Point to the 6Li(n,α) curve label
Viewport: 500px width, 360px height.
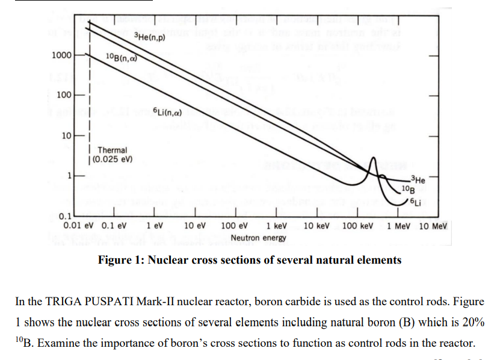pyautogui.click(x=168, y=111)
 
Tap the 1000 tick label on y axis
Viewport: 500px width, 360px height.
pyautogui.click(x=61, y=55)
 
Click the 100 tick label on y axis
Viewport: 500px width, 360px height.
pyautogui.click(x=64, y=95)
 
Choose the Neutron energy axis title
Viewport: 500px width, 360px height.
pyautogui.click(x=258, y=238)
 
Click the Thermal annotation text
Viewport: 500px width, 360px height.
pyautogui.click(x=113, y=150)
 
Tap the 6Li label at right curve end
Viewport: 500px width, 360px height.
pyautogui.click(x=415, y=202)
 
